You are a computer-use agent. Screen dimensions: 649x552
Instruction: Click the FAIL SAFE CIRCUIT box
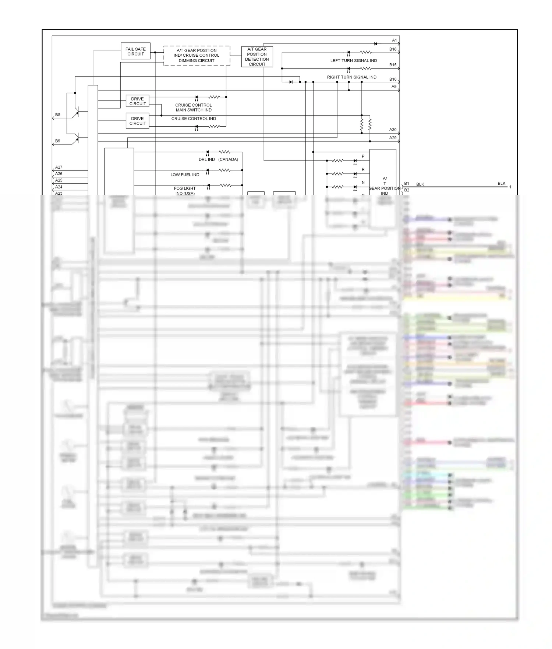[x=135, y=51]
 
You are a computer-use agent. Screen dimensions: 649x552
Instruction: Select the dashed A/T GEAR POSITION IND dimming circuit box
[x=197, y=56]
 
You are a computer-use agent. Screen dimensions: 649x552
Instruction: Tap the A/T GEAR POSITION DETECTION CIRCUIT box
[x=257, y=57]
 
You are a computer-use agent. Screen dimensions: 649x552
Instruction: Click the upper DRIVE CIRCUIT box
[x=138, y=101]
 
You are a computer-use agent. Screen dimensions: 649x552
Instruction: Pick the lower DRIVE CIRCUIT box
[x=138, y=121]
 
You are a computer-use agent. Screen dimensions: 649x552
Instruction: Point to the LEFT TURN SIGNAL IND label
[x=353, y=61]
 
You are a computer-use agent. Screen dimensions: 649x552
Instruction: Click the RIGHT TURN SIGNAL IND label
[x=351, y=77]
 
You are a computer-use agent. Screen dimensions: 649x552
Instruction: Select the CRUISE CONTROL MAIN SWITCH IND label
[x=194, y=107]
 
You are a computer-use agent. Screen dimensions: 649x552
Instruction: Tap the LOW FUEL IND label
[x=185, y=175]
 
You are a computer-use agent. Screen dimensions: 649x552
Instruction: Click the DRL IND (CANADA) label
[x=218, y=159]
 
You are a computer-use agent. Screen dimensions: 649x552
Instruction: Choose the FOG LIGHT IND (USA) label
[x=185, y=191]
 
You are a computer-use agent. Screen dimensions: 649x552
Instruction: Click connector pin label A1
[x=394, y=40]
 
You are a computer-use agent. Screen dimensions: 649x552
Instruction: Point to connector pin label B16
[x=393, y=49]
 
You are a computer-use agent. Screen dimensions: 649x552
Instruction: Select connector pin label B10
[x=393, y=79]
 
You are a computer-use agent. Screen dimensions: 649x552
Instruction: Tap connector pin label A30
[x=393, y=130]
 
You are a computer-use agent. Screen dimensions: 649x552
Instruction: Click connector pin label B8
[x=58, y=115]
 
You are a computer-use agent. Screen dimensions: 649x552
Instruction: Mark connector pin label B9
[x=58, y=141]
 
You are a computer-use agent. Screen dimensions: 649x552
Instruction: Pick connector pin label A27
[x=59, y=167]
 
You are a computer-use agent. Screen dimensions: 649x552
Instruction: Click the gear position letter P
[x=363, y=156]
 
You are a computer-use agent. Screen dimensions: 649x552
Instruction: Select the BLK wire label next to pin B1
[x=420, y=184]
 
